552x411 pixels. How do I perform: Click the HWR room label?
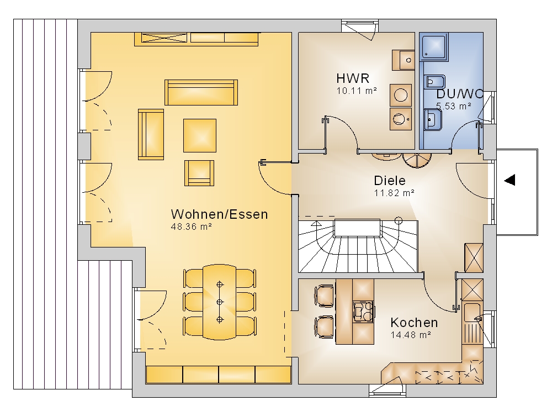tap(352, 78)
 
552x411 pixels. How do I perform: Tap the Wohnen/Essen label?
tap(219, 214)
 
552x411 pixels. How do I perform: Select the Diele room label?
tap(390, 180)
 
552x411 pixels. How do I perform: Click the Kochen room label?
tap(414, 322)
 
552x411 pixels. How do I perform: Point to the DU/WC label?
tap(460, 94)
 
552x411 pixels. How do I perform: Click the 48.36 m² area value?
tap(191, 227)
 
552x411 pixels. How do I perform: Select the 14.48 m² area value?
tap(411, 335)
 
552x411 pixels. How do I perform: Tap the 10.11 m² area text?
tap(357, 91)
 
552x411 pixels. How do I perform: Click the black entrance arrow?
tap(509, 180)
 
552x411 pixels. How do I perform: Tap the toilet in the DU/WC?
tap(435, 82)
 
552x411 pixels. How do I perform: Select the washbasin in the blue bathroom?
tap(433, 120)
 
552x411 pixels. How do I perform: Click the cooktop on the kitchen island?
tap(363, 312)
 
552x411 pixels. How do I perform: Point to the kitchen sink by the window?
tap(472, 313)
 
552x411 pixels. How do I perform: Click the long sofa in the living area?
tap(201, 92)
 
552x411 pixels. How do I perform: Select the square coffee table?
tap(200, 135)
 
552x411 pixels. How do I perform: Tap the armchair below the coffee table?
tap(199, 173)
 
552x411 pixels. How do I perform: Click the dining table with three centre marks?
tap(219, 302)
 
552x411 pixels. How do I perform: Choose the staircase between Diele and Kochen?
tap(358, 246)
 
